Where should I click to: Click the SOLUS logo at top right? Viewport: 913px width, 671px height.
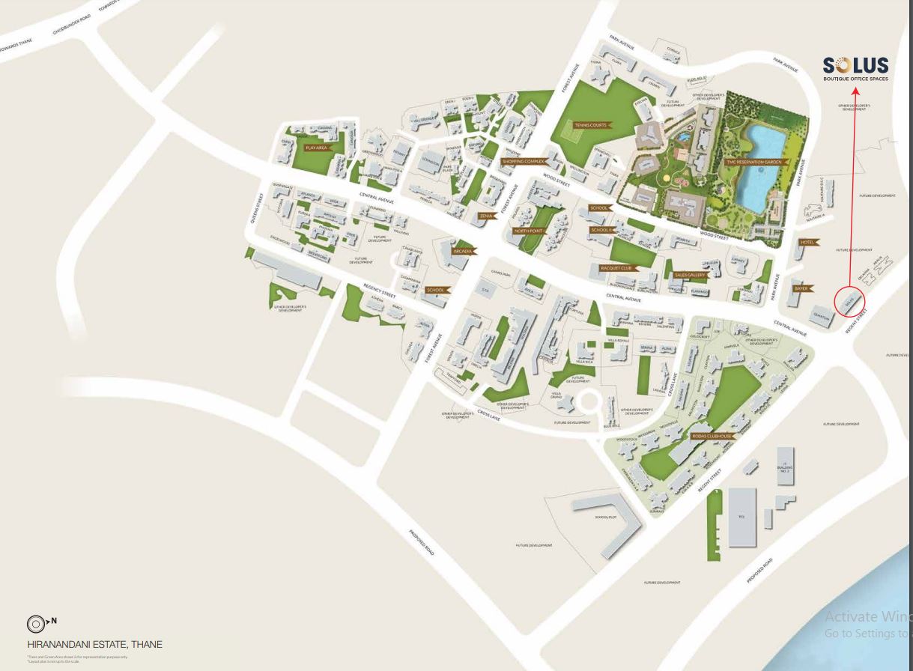[x=855, y=66]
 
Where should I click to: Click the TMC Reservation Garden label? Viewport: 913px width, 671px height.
[x=753, y=162]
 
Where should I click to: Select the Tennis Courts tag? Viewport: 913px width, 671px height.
[x=591, y=125]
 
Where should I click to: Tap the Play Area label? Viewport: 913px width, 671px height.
[x=317, y=148]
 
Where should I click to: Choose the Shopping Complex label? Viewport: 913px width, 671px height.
[x=524, y=161]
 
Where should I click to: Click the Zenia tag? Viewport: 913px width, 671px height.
[x=486, y=216]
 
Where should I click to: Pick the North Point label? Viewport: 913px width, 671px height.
[x=529, y=231]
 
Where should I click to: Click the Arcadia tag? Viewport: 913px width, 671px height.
[x=463, y=252]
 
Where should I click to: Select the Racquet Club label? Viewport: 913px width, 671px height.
[x=616, y=267]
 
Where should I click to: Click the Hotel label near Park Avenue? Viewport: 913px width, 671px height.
[x=807, y=243]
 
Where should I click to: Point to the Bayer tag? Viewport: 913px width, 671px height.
[x=801, y=288]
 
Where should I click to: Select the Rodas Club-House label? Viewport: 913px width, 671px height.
[x=711, y=436]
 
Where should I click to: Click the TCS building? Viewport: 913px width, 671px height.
[x=741, y=516]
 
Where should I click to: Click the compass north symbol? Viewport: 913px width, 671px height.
[x=37, y=623]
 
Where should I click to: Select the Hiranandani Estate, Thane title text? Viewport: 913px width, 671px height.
[x=94, y=644]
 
